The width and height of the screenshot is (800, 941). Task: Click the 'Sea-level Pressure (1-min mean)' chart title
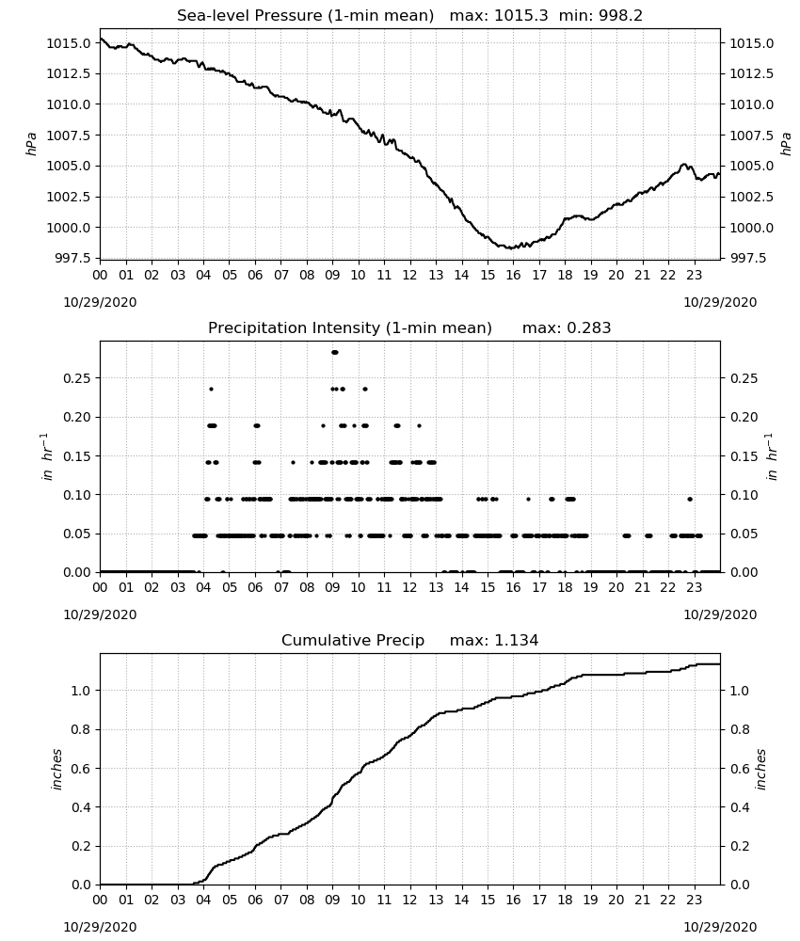305,16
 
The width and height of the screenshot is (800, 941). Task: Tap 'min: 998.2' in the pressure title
600,16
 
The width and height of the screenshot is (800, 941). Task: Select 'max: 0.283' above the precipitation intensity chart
567,327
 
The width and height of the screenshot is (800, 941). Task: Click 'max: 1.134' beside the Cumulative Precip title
494,640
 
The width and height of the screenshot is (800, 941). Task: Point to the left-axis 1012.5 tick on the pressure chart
69,73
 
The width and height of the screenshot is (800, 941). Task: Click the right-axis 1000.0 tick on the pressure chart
751,228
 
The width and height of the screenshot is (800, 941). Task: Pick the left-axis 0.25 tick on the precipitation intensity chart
77,378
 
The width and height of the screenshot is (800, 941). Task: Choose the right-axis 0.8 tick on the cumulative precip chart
740,729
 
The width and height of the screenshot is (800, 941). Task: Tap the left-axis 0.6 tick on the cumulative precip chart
82,768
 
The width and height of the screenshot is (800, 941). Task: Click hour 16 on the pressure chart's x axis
513,276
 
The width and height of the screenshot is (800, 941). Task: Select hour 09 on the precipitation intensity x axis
332,587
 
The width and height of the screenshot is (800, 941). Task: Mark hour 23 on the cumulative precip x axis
695,900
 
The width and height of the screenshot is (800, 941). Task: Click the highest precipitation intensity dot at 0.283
335,352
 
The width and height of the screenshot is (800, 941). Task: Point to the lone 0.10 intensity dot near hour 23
690,499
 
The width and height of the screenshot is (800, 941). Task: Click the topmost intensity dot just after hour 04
211,389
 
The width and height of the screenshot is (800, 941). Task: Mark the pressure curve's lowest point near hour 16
510,247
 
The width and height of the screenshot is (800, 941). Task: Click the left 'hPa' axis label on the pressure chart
31,144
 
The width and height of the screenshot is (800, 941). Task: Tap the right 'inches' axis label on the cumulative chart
761,769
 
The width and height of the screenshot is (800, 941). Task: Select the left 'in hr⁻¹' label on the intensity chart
47,456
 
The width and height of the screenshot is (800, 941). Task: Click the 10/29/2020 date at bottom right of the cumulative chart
720,927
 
